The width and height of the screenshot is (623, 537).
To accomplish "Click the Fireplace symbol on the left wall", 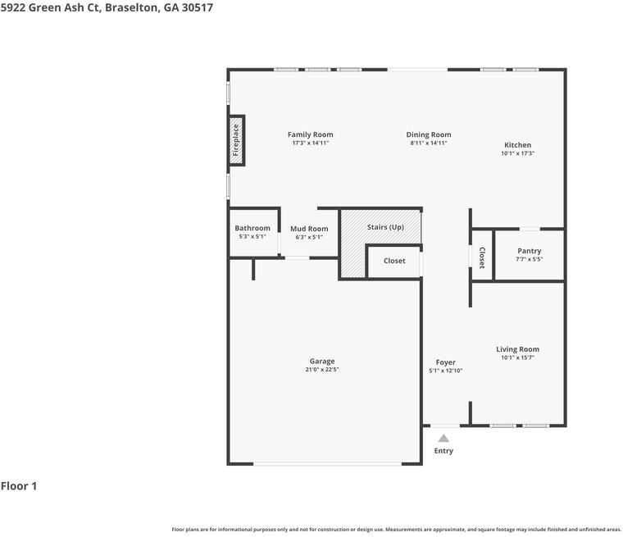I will point(236,139).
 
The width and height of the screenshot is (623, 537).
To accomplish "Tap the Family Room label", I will point(310,134).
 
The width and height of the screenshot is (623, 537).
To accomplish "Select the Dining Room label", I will point(429,134).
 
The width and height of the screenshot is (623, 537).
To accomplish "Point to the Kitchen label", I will point(517,145).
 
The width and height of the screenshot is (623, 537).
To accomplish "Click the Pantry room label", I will point(529,251).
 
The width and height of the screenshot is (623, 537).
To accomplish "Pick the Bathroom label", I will point(252,228).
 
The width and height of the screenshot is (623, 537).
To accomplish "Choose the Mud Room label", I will point(309,229).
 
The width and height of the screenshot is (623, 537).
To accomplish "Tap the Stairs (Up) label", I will point(385,226).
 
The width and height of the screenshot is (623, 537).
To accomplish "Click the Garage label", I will point(321,361).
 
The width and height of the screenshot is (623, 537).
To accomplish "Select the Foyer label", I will point(445,362).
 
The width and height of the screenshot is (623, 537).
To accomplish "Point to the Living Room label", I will point(517,349).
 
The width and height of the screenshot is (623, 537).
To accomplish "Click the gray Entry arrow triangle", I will point(443,439).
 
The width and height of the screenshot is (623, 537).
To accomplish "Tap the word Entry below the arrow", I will point(443,451).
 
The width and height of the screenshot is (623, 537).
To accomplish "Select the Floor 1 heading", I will point(19,486).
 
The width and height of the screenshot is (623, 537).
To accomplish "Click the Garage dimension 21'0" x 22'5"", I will point(321,370).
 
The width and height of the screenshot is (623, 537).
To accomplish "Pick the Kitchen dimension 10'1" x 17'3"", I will point(517,153).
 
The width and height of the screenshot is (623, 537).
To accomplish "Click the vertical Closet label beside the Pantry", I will point(482,257).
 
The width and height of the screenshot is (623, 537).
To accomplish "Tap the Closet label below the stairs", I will point(394,261).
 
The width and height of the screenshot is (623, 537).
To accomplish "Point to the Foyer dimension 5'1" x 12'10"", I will point(445,371).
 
